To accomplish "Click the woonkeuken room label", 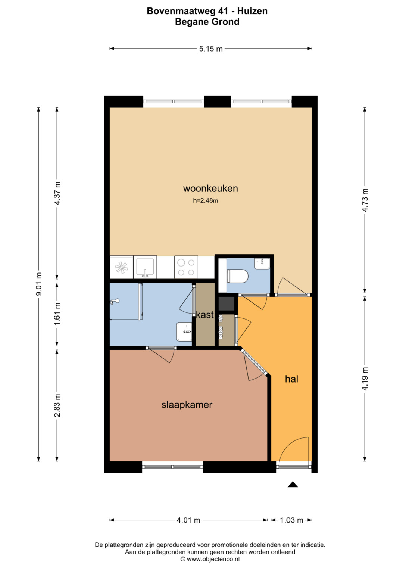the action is (210, 189).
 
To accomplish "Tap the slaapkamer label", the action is (187, 405).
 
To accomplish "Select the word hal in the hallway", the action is (291, 379).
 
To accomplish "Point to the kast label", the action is (204, 315).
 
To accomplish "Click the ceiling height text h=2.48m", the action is (205, 200).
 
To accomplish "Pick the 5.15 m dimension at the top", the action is (211, 49).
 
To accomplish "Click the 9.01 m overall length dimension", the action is (39, 284).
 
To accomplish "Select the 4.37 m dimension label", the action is (57, 193).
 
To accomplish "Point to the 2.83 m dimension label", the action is (57, 405).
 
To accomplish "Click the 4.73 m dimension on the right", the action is (365, 200).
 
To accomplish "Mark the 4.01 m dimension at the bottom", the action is (188, 520).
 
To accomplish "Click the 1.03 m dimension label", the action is (291, 520).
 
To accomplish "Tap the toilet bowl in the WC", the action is (237, 276).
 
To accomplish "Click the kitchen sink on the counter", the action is (145, 267).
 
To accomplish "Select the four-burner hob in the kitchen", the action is (186, 267).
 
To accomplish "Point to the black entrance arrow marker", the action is (293, 484).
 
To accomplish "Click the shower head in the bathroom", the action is (115, 301).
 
